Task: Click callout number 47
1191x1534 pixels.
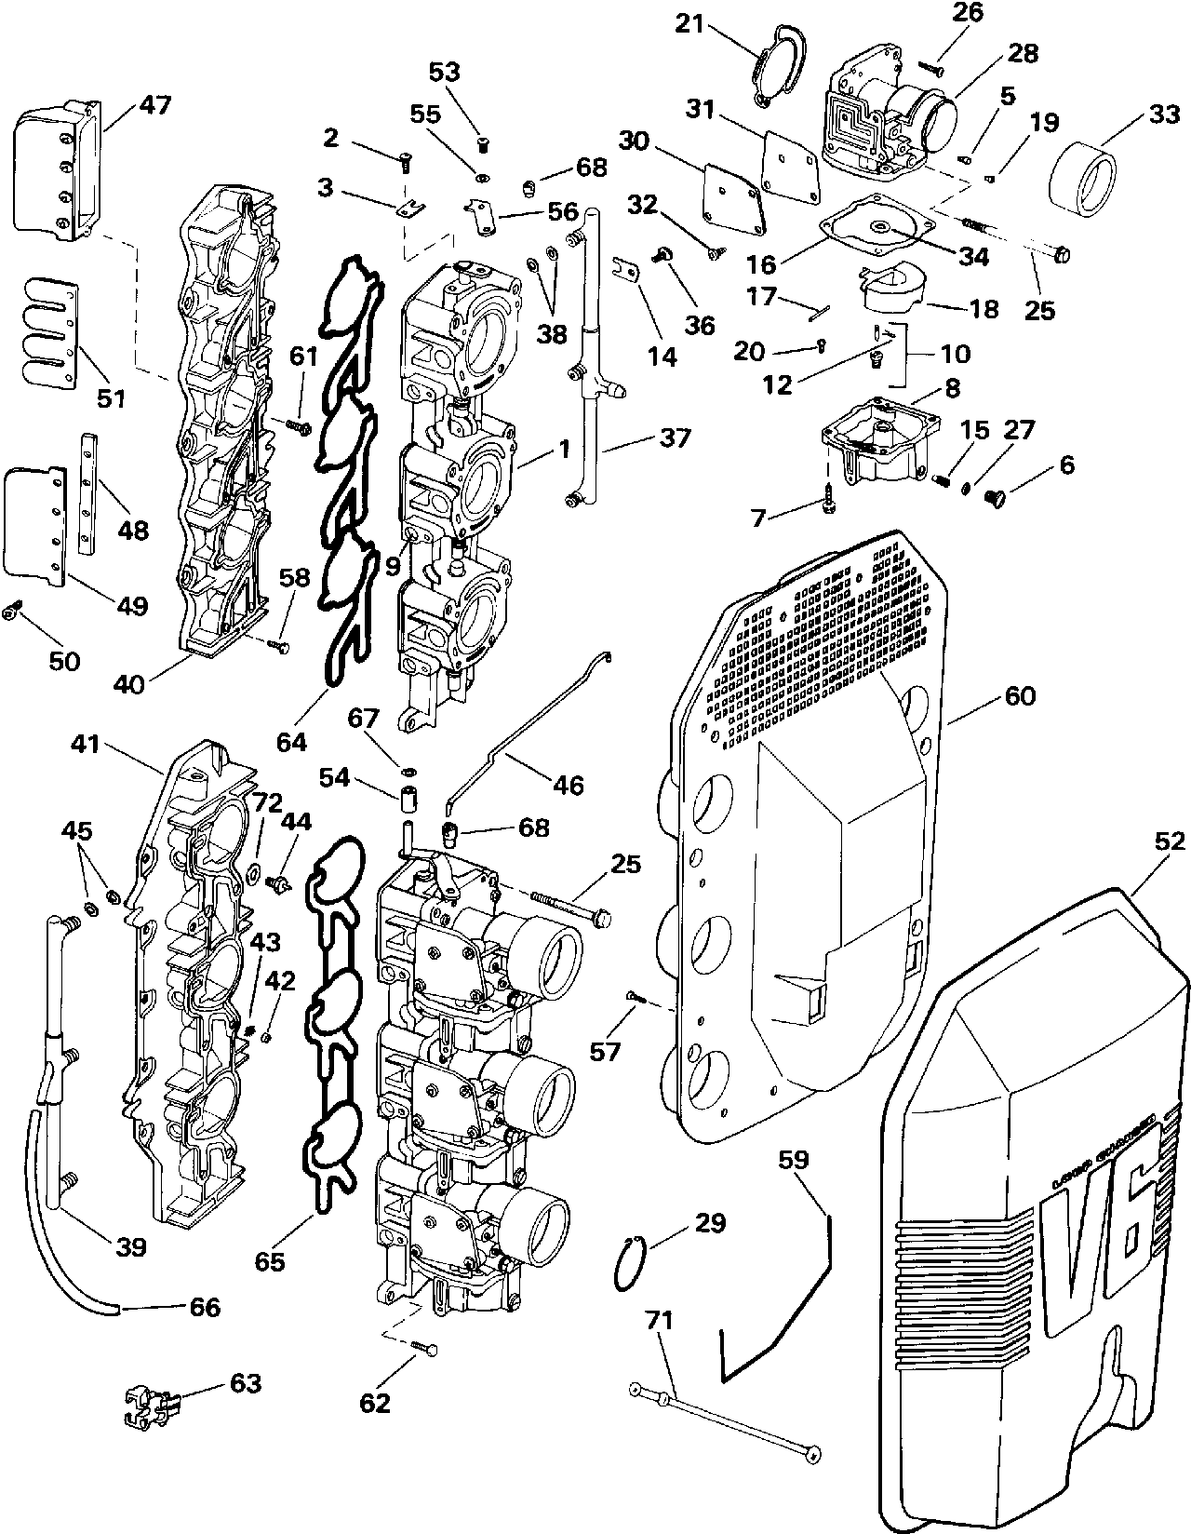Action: pos(155,105)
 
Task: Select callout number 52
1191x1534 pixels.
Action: pos(1169,841)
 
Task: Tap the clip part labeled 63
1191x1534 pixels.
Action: pos(147,1403)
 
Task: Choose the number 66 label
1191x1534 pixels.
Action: pos(205,1307)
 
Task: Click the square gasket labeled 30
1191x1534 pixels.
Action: pos(733,192)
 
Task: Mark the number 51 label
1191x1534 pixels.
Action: pos(111,397)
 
